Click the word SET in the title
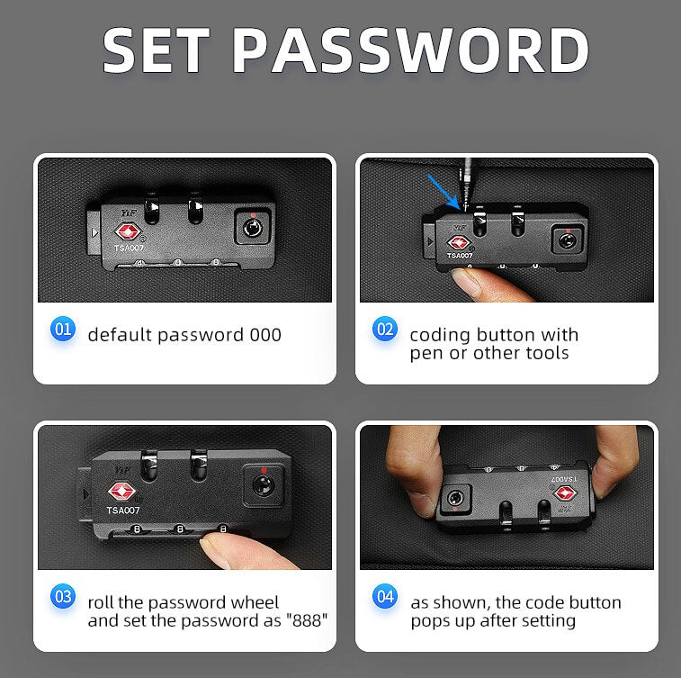[157, 50]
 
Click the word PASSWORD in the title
[411, 50]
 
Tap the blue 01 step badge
[63, 329]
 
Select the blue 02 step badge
[385, 329]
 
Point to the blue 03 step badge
[63, 596]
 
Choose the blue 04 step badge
[385, 596]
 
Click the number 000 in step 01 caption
[265, 335]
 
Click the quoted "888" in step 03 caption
[307, 620]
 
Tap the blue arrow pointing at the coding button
[443, 192]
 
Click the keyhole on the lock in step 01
[252, 227]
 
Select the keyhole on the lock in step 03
[263, 484]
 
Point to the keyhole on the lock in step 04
[455, 497]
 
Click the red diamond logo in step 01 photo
[128, 231]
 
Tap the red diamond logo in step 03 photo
[122, 492]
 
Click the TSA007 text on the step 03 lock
[123, 511]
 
